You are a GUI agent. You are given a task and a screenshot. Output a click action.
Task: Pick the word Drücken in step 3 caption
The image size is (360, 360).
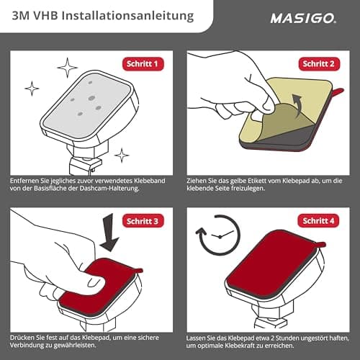pos(24,336)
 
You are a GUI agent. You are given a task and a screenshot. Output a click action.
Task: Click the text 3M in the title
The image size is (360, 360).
pos(19,15)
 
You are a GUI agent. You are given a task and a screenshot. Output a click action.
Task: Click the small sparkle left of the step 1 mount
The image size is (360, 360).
pos(32,89)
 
